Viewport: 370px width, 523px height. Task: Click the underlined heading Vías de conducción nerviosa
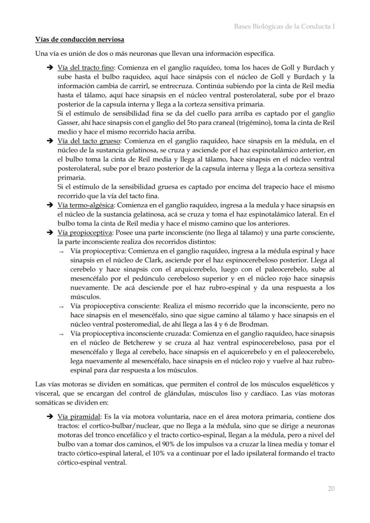pos(80,40)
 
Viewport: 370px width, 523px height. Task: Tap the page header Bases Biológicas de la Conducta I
pos(285,27)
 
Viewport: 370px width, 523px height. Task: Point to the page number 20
pos(331,489)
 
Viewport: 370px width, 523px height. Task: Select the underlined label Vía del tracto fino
pos(86,68)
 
